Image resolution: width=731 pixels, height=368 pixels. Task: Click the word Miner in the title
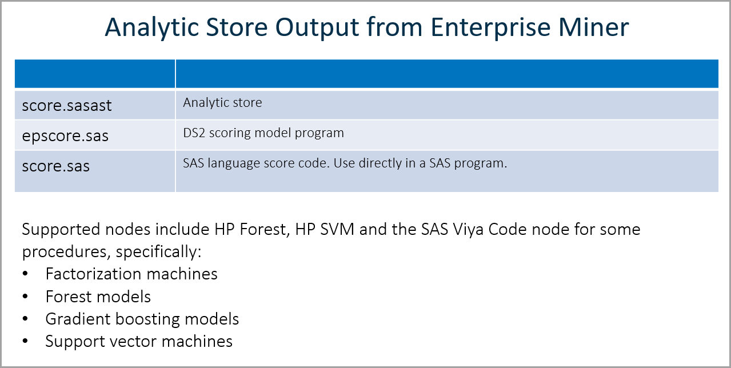pyautogui.click(x=594, y=27)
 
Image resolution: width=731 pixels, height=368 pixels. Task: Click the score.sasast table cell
pyautogui.click(x=95, y=105)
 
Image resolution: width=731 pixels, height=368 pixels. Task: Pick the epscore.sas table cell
pyautogui.click(x=95, y=135)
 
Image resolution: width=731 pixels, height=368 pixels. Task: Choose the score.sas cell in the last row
pyautogui.click(x=95, y=171)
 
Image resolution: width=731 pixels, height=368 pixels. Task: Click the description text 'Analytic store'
pyautogui.click(x=222, y=103)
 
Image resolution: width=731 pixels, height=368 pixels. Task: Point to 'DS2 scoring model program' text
pyautogui.click(x=263, y=133)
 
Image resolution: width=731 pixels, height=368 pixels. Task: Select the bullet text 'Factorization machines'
pyautogui.click(x=131, y=274)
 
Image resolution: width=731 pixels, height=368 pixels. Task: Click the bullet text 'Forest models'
pyautogui.click(x=98, y=297)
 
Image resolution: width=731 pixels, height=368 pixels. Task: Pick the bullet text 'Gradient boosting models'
pyautogui.click(x=142, y=319)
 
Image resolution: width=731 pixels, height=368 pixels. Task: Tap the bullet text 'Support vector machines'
pyautogui.click(x=139, y=342)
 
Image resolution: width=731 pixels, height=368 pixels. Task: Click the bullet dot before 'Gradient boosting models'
pyautogui.click(x=25, y=318)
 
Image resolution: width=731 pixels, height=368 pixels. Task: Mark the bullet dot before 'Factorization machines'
pyautogui.click(x=25, y=273)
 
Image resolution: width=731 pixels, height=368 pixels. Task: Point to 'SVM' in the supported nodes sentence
pyautogui.click(x=337, y=229)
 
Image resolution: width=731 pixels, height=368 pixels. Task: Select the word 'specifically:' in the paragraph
pyautogui.click(x=158, y=252)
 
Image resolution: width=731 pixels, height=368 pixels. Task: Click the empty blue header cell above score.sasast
pyautogui.click(x=95, y=73)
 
